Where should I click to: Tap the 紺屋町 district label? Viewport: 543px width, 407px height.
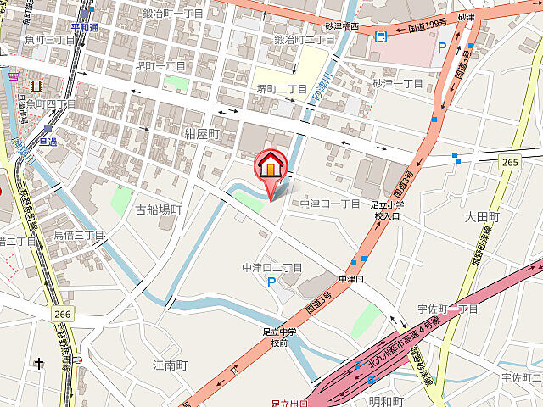tap(202, 134)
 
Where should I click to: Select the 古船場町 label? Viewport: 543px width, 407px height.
tap(158, 209)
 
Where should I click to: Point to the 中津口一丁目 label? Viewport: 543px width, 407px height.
tap(331, 203)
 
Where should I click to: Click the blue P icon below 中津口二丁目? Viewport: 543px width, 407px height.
tap(271, 282)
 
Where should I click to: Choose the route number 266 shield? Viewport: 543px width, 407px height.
tap(60, 313)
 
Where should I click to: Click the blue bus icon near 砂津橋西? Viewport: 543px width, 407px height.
tap(382, 36)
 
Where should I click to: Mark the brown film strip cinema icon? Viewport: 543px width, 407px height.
tap(36, 85)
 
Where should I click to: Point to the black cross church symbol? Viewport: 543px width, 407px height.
tap(39, 363)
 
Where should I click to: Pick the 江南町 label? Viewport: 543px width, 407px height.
tap(169, 365)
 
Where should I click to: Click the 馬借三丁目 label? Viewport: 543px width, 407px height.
tap(79, 235)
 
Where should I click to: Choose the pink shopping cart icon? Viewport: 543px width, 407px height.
tap(13, 76)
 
